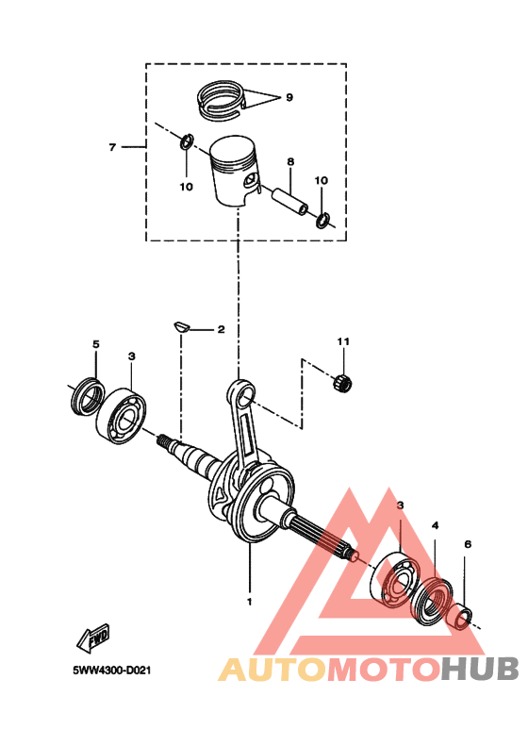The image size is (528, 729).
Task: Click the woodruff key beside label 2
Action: click(182, 326)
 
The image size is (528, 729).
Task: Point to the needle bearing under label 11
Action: click(343, 382)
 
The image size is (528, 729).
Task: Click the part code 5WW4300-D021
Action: click(112, 671)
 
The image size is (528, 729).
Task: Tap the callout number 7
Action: click(111, 147)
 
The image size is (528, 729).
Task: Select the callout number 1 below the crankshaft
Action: click(249, 600)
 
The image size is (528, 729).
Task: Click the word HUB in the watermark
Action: click(480, 669)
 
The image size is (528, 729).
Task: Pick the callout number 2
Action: click(221, 330)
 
